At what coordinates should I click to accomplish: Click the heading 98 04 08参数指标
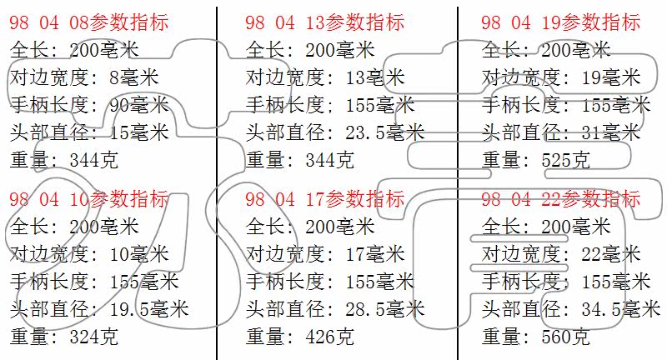pos(89,22)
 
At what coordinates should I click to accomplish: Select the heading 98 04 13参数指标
pos(324,22)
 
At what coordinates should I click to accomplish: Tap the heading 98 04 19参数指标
pos(560,22)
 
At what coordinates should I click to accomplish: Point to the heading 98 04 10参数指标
pos(89,199)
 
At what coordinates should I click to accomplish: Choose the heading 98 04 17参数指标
pos(324,199)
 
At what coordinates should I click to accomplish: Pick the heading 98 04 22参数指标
pos(560,199)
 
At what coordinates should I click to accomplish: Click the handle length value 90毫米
pos(139,105)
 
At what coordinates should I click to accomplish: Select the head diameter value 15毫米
pos(139,132)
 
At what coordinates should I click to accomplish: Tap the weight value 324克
pos(93,337)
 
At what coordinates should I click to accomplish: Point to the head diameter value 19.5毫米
pos(149,309)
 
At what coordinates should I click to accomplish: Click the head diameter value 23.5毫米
pos(385,132)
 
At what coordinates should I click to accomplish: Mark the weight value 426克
pos(329,337)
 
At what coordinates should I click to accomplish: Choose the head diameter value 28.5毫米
pos(385,309)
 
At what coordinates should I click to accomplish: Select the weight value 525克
pos(566,160)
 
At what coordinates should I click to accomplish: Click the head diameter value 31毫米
pos(611,132)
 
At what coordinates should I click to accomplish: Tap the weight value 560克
pos(566,337)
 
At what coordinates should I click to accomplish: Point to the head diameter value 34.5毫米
pos(621,309)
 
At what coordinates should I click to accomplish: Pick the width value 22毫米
pos(611,254)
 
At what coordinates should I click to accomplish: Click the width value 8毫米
pos(134,77)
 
